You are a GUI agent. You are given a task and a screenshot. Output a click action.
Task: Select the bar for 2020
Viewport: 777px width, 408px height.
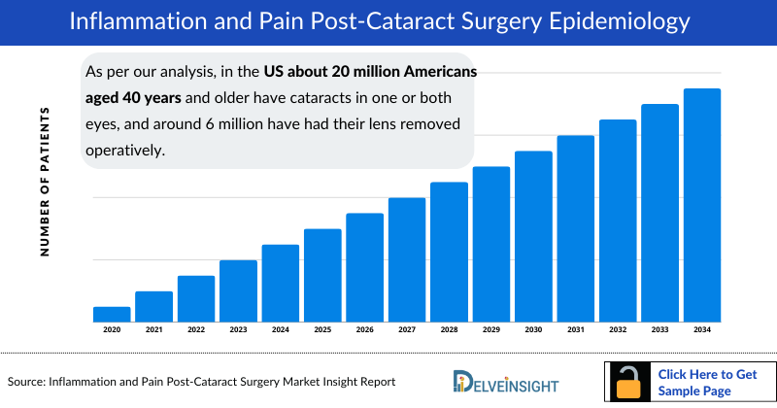point(112,314)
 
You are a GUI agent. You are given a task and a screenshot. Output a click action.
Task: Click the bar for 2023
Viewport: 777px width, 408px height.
point(238,290)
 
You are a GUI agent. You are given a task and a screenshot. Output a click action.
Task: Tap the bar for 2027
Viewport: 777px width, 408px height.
point(407,259)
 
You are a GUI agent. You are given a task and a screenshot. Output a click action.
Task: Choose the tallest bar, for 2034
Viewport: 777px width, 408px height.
point(702,205)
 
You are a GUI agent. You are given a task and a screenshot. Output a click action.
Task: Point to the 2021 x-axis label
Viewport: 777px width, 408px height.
point(153,330)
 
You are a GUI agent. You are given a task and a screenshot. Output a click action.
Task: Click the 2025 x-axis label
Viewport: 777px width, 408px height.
point(322,330)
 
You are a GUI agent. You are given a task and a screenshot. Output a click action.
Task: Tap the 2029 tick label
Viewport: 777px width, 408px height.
point(491,330)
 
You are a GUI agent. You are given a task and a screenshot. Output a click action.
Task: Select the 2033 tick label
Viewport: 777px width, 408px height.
point(659,330)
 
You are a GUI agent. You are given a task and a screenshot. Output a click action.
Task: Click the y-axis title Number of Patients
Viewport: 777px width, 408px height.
point(45,183)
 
